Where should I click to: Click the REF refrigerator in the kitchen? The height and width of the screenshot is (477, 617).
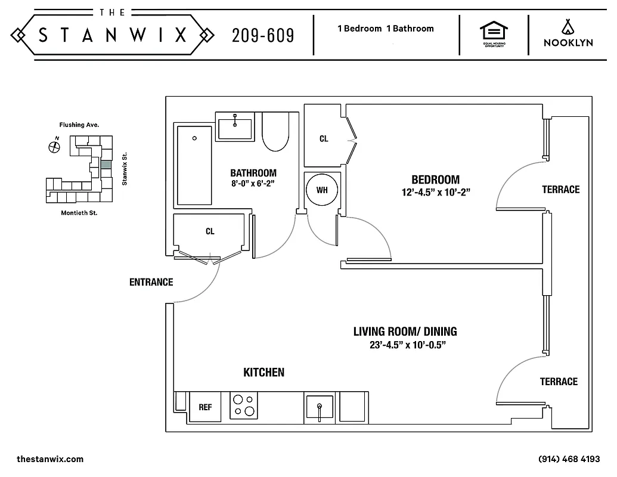[x=205, y=407]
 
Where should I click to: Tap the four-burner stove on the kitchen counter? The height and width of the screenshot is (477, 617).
[x=243, y=405]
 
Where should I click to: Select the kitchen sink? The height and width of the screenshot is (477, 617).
[x=320, y=407]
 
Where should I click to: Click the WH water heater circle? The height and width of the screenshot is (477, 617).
[x=322, y=190]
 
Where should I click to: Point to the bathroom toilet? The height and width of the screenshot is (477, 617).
[x=275, y=132]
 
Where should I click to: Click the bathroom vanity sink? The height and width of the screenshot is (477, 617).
[x=235, y=126]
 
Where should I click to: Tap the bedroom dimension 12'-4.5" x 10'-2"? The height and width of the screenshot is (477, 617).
[x=440, y=193]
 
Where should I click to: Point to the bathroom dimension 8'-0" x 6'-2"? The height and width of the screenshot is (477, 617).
[x=253, y=184]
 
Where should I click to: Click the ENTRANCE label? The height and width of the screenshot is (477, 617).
[x=151, y=282]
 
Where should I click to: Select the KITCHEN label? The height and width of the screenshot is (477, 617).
[x=263, y=373]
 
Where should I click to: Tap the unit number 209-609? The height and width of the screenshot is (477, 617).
[x=263, y=36]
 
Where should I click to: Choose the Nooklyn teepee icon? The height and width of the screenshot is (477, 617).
[x=567, y=26]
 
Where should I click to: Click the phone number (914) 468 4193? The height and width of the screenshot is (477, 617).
[x=569, y=459]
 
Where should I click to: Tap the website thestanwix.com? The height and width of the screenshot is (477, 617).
[x=50, y=459]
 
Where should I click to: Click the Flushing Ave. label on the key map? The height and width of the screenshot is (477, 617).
[x=79, y=125]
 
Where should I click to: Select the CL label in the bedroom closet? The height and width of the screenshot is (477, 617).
[x=324, y=139]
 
